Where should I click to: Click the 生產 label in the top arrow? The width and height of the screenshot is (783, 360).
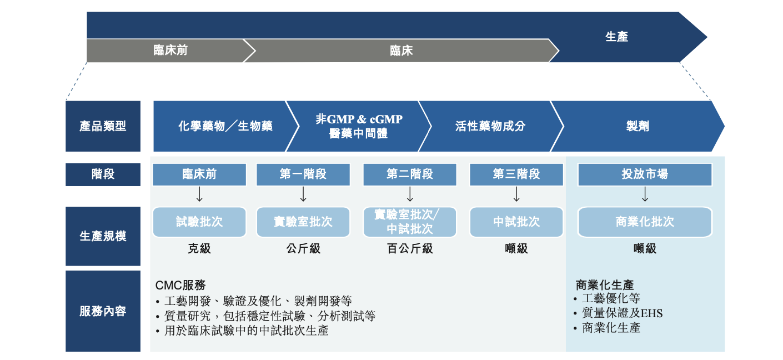(616, 37)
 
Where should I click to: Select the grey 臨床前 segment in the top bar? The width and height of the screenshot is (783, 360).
(170, 51)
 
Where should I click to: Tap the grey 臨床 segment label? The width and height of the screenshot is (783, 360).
(401, 51)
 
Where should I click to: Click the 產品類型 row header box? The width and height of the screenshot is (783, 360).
(103, 126)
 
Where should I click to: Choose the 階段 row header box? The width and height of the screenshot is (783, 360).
(103, 174)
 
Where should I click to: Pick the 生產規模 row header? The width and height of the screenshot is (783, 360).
(103, 236)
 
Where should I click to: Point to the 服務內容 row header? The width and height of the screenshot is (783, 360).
(103, 311)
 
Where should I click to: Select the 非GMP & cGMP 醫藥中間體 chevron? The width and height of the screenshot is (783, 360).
(359, 126)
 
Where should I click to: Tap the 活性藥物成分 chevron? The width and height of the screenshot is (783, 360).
(490, 126)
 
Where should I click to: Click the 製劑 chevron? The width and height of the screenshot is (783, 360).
(637, 126)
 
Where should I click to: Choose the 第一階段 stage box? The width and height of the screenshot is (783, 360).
(303, 174)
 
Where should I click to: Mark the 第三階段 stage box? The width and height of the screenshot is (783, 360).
(516, 174)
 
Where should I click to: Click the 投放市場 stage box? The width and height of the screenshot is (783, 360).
(645, 174)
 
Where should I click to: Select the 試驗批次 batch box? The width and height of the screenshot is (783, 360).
(199, 222)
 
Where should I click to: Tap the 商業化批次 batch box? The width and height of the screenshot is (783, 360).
(645, 222)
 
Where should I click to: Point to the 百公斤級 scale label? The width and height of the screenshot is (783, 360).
(410, 249)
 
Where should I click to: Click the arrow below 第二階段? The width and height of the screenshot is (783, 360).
(410, 194)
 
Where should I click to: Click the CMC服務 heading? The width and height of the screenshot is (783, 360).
(180, 285)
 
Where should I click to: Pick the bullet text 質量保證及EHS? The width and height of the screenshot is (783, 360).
(622, 313)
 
